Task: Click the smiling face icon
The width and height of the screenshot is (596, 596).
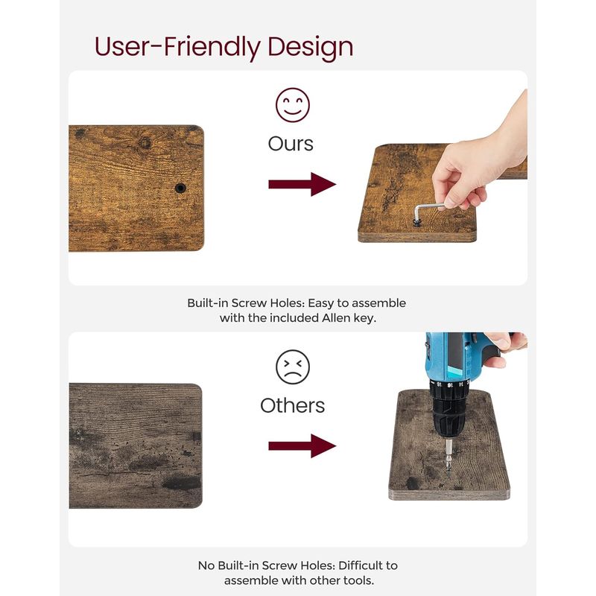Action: coord(292,105)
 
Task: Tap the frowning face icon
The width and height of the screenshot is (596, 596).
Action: coord(292,367)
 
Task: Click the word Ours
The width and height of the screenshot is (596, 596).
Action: coord(291,144)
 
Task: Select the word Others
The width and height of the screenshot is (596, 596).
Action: coord(292,405)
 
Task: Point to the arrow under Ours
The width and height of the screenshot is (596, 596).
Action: coord(302,184)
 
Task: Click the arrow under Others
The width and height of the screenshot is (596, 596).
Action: coord(302,446)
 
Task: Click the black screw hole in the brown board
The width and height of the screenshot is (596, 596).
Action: coord(180,188)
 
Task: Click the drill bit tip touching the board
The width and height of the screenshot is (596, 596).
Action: coord(449,477)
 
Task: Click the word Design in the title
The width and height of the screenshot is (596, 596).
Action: coord(311,47)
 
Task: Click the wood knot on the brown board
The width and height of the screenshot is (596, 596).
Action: coord(145,143)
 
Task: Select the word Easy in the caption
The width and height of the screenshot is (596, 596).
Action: coord(321,303)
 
